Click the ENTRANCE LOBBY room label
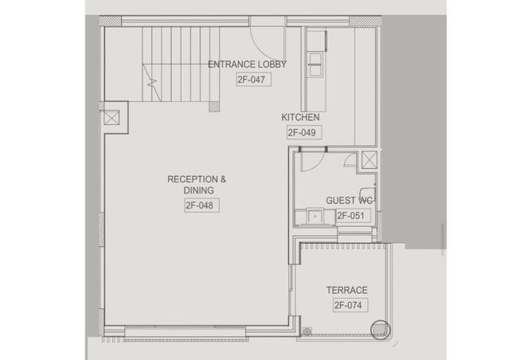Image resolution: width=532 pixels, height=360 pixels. pyautogui.click(x=247, y=65)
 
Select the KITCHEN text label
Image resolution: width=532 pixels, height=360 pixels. pyautogui.click(x=300, y=117)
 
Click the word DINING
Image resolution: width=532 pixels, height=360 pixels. pyautogui.click(x=198, y=190)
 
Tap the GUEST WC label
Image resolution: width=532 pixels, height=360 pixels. pyautogui.click(x=349, y=201)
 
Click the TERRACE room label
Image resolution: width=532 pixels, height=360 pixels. pyautogui.click(x=346, y=290)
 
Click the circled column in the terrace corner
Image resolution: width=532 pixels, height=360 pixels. pyautogui.click(x=380, y=330)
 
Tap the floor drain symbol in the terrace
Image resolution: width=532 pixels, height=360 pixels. pyautogui.click(x=307, y=331)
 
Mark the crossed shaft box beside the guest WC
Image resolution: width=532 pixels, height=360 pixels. pyautogui.click(x=370, y=160)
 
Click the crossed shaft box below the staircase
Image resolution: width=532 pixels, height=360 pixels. pyautogui.click(x=111, y=118)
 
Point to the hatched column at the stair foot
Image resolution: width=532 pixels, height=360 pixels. pyautogui.click(x=214, y=107)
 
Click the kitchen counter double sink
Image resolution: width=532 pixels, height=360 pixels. pyautogui.click(x=315, y=65)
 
